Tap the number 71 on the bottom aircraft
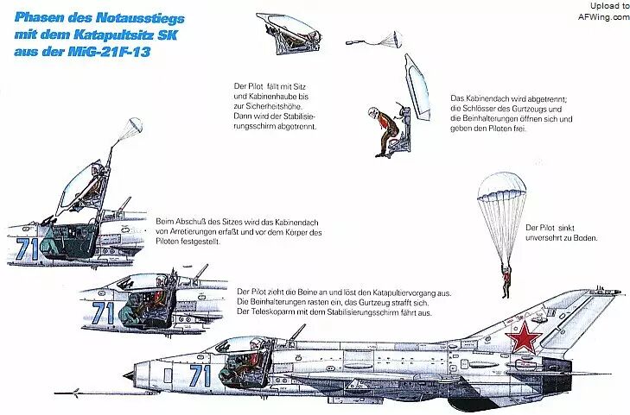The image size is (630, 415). point(200,374)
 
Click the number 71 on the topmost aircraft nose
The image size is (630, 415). point(26,249)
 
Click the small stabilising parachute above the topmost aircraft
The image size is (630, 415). point(130,129)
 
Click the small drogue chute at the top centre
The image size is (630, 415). point(387,39)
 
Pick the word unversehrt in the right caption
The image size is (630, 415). point(544,238)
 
